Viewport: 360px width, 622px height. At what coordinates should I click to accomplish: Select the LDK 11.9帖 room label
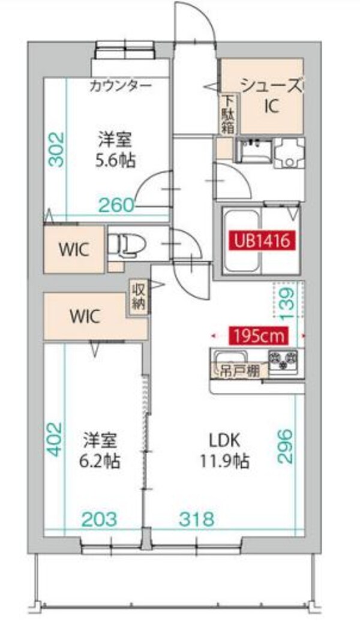click(x=224, y=450)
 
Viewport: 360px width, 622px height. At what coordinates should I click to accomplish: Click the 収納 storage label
click(x=137, y=296)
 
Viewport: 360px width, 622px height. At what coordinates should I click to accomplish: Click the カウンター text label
click(x=121, y=85)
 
